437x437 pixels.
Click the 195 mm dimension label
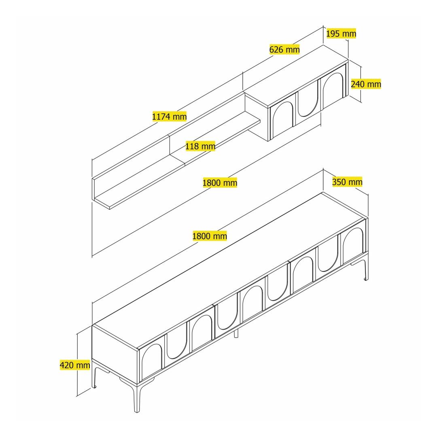pos(341,34)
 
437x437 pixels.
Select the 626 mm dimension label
pos(284,50)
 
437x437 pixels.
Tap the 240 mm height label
pos(366,84)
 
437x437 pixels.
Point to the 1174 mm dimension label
pos(170,116)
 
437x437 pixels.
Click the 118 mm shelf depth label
pos(200,146)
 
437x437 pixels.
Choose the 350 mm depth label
pos(347,182)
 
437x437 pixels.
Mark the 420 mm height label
pos(75,365)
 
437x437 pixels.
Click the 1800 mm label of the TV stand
pos(210,236)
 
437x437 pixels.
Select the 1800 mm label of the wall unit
pos(220,183)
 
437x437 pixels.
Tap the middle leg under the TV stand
pos(236,333)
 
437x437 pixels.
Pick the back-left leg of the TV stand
pos(95,377)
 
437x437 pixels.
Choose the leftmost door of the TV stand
pos(152,359)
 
